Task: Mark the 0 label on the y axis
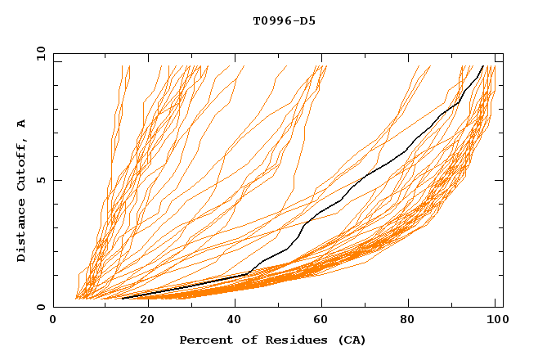coord(41,308)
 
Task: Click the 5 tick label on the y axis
coord(41,180)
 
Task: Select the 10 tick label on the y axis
coord(38,53)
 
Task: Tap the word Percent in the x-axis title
coord(204,340)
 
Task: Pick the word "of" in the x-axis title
coord(240,340)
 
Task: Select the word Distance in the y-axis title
coord(22,232)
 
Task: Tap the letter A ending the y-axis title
coord(22,124)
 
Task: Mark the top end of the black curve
coord(483,66)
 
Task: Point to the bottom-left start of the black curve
coord(122,299)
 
